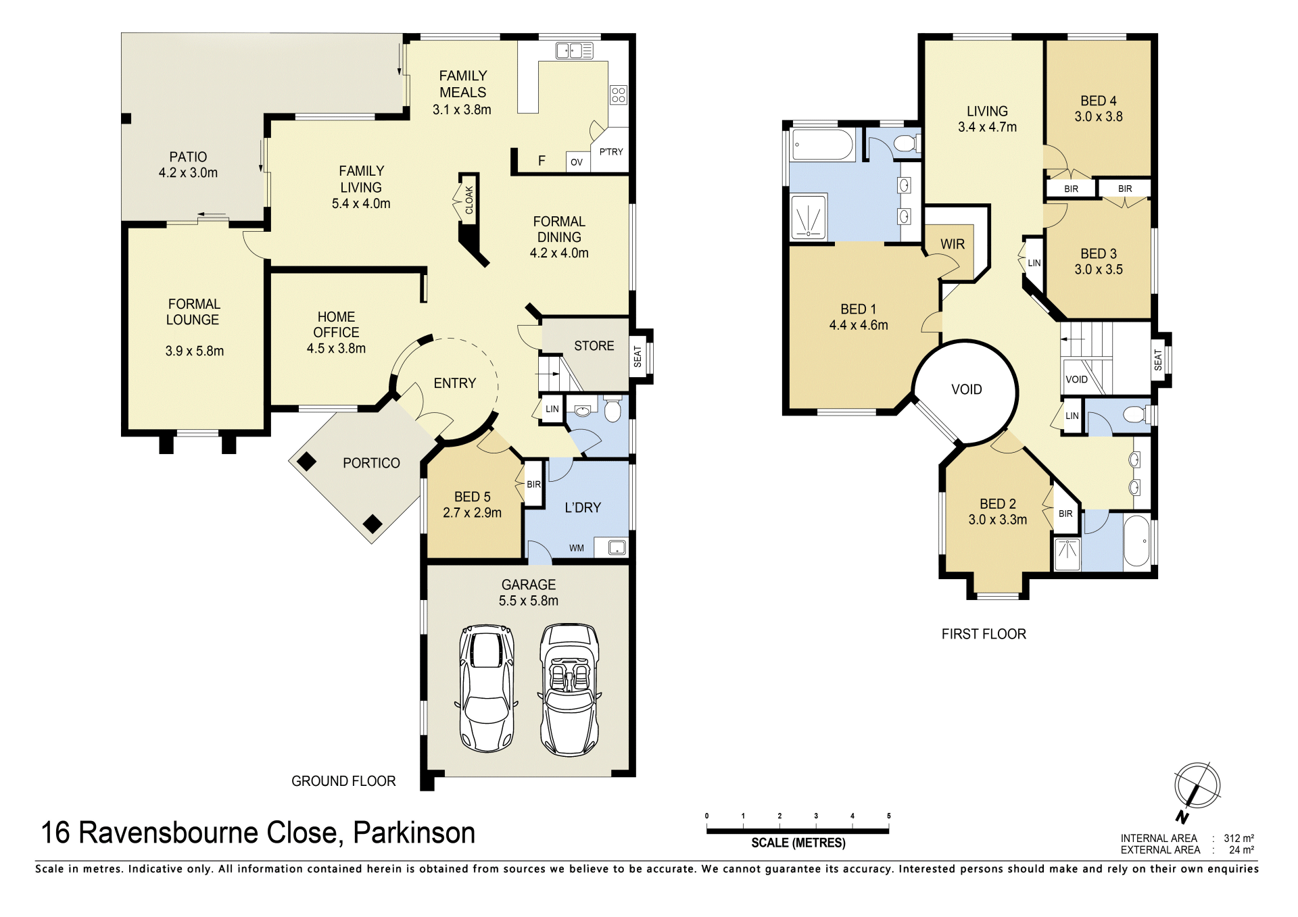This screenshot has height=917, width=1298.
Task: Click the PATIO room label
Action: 188,157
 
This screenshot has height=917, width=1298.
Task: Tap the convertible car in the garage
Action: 569,690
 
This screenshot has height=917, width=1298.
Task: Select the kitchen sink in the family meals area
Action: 574,51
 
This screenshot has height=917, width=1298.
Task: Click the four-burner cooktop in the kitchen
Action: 619,95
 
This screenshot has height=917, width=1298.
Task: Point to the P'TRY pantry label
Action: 611,152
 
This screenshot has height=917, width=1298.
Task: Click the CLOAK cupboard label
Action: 469,200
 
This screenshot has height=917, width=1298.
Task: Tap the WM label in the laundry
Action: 576,548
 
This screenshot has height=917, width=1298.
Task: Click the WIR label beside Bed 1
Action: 953,244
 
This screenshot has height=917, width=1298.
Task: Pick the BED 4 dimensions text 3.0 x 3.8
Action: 1099,117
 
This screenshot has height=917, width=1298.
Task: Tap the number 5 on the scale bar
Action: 888,816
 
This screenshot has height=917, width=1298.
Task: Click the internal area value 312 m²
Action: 1239,839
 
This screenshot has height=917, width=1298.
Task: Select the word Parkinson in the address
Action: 414,833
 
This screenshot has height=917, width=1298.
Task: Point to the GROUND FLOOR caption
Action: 343,781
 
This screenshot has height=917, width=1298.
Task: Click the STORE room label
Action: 594,346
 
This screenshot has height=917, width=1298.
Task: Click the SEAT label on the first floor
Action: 1158,360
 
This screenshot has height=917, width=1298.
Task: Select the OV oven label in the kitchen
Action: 576,162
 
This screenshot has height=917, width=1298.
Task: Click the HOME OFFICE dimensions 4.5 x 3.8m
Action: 336,349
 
